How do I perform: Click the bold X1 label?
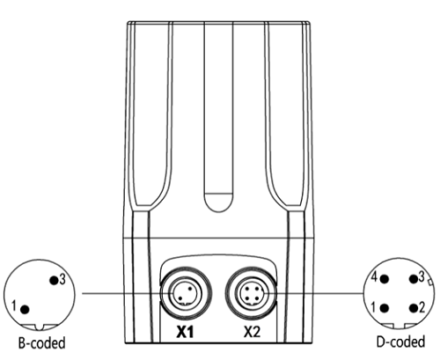point(185,332)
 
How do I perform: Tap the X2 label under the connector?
point(252,332)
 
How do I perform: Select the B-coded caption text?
point(41,343)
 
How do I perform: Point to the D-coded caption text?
point(400,342)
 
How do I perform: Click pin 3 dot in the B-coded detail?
point(54,280)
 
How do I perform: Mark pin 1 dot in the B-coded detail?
point(25,309)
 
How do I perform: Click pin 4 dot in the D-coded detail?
point(385,279)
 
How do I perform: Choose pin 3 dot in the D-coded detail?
point(414,279)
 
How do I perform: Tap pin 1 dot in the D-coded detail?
point(385,308)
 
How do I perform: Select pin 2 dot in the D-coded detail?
point(414,308)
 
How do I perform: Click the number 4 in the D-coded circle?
point(374,276)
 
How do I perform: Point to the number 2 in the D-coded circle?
point(422,308)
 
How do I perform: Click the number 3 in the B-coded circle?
point(62,279)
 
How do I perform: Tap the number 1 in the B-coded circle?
point(14,305)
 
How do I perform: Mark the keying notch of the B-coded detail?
point(39,327)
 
